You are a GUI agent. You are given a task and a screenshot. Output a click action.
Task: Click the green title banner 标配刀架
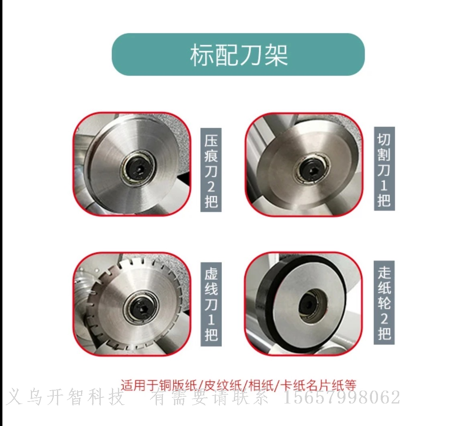pyautogui.click(x=238, y=54)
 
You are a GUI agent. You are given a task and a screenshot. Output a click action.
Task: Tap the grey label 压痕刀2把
pyautogui.click(x=211, y=170)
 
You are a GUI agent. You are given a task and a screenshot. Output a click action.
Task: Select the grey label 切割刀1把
pyautogui.click(x=384, y=169)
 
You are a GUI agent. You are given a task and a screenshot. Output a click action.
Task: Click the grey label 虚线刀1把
pyautogui.click(x=211, y=304)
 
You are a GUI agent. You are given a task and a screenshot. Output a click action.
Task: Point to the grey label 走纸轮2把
pyautogui.click(x=384, y=303)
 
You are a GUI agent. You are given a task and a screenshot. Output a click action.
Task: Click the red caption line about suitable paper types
pyautogui.click(x=238, y=385)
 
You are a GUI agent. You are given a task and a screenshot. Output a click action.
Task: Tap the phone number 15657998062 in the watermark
pyautogui.click(x=341, y=397)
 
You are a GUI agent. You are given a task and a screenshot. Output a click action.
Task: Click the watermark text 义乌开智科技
pyautogui.click(x=65, y=397)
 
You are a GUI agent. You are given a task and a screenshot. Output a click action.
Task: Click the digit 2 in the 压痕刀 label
pyautogui.click(x=211, y=186)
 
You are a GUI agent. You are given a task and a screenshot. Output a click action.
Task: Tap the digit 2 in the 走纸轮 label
pyautogui.click(x=384, y=318)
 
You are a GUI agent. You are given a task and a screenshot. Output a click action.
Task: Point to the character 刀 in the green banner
pyautogui.click(x=251, y=55)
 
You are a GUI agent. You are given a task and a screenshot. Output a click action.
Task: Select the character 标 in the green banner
pyautogui.click(x=202, y=55)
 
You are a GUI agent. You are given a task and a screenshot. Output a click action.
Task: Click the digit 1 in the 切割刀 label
pyautogui.click(x=384, y=185)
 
